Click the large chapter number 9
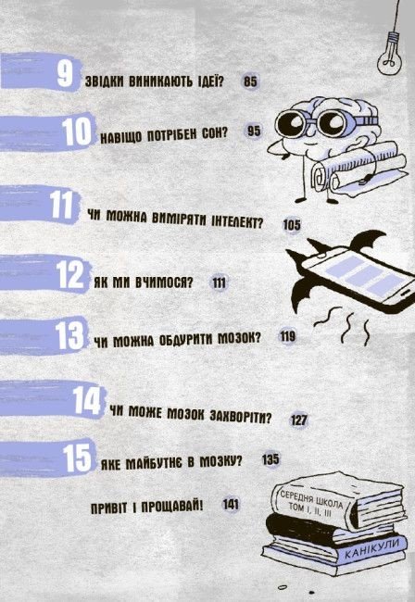pyautogui.click(x=65, y=73)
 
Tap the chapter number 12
pyautogui.click(x=69, y=274)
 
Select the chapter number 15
pyautogui.click(x=77, y=458)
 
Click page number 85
pyautogui.click(x=250, y=82)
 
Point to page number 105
pyautogui.click(x=292, y=225)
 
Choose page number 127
pyautogui.click(x=298, y=420)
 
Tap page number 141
pyautogui.click(x=231, y=504)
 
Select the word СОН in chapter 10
pyautogui.click(x=214, y=134)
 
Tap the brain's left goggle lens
pyautogui.click(x=295, y=123)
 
